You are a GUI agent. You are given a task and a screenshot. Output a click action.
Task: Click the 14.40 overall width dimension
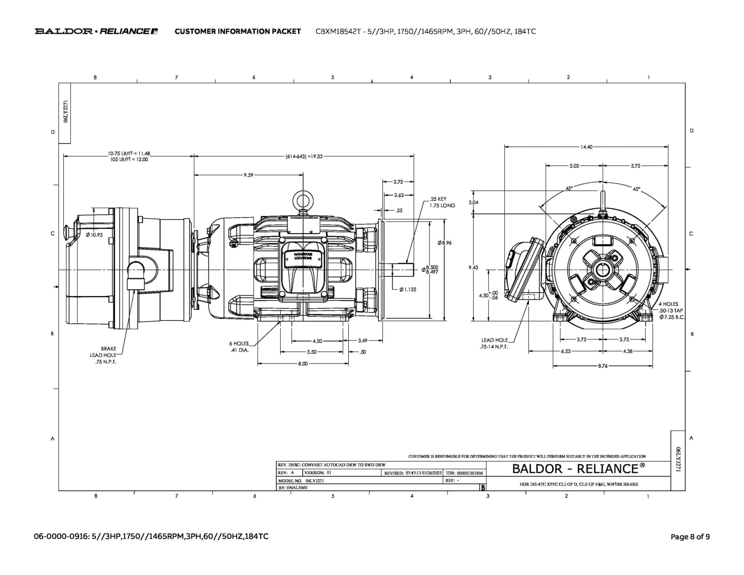click(x=586, y=147)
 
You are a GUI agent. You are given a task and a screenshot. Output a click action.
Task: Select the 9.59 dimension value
click(x=248, y=175)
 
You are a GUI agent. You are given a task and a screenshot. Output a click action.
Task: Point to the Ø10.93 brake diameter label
click(x=94, y=235)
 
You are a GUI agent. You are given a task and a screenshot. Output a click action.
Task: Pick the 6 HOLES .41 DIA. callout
click(x=239, y=347)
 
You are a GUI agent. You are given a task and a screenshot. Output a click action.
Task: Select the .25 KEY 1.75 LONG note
click(x=442, y=202)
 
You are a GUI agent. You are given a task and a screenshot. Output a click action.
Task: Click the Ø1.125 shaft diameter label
click(x=408, y=289)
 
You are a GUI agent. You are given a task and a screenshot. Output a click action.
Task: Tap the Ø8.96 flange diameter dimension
click(x=445, y=243)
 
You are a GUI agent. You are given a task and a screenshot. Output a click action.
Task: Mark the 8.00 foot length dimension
click(x=303, y=363)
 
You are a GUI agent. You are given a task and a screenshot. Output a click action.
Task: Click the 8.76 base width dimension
click(x=603, y=366)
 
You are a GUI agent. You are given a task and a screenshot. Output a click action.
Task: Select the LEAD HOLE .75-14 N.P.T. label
click(x=494, y=343)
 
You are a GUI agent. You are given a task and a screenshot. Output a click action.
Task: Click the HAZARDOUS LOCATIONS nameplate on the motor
click(x=303, y=256)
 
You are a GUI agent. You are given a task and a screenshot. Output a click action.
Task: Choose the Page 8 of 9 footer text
click(x=690, y=536)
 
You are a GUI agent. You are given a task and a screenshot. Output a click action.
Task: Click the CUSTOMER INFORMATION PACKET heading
click(x=238, y=31)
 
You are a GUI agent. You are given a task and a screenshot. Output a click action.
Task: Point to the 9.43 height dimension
click(x=473, y=268)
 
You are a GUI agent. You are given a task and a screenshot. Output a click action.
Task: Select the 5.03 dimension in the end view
click(x=574, y=166)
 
